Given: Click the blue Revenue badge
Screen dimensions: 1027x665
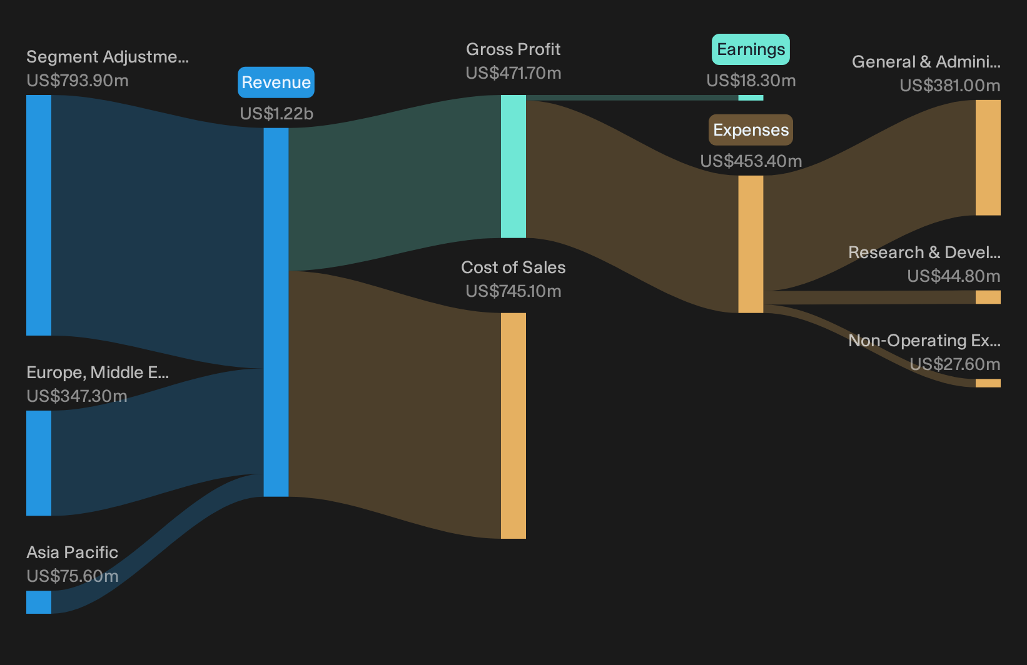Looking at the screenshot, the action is pos(276,82).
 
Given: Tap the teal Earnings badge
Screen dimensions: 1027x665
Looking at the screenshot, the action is pos(751,49).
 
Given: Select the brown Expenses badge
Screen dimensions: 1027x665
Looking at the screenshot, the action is pos(751,130).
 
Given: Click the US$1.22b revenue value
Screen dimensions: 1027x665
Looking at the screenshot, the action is pos(276,114).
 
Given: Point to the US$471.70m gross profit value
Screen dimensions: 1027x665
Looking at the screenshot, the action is pos(513,73).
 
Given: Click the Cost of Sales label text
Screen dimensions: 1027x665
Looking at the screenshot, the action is pos(513,267).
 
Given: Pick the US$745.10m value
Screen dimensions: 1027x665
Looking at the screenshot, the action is pos(513,291).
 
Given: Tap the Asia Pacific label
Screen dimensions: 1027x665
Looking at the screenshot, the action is pos(72,552).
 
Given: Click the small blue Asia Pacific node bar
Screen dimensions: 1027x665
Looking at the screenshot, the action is pos(39,602).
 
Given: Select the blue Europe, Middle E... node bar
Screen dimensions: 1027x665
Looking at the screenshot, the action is pos(39,463).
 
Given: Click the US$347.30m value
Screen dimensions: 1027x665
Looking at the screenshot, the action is pos(76,396).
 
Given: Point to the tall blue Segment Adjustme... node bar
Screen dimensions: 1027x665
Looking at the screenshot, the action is pos(39,216).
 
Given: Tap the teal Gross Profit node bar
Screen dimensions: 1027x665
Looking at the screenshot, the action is pos(513,166).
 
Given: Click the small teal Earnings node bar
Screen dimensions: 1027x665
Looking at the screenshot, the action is pos(751,97).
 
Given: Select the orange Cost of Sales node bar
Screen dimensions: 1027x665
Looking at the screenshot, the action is pos(513,426).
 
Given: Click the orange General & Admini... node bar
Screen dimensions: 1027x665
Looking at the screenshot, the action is pos(988,157).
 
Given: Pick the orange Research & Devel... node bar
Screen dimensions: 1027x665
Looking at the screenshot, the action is pos(988,297).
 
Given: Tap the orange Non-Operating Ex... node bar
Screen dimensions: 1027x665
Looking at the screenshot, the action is pos(988,383).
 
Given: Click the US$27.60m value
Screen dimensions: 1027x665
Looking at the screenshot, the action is pos(955,364).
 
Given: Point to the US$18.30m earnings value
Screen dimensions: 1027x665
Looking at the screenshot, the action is pos(751,81).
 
